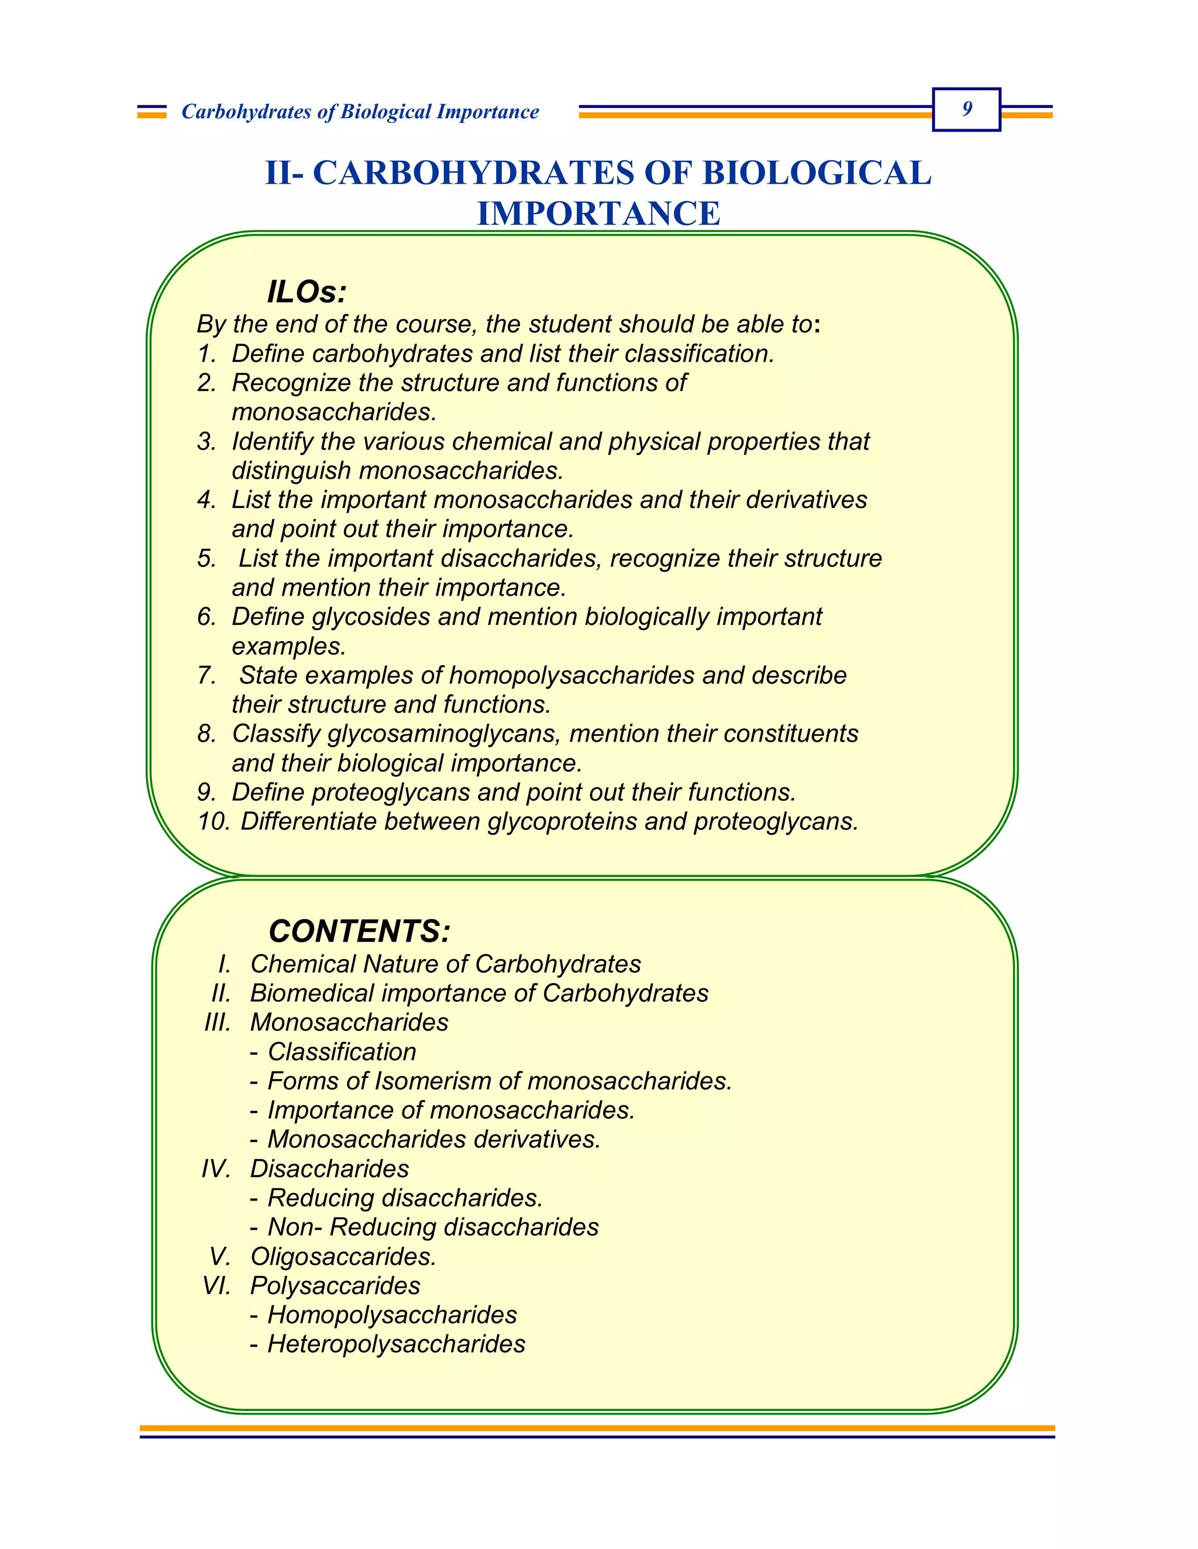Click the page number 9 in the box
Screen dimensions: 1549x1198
pos(966,109)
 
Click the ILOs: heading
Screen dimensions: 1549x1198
pos(307,292)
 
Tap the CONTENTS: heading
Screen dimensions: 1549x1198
pos(359,931)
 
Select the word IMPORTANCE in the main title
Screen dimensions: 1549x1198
pos(598,213)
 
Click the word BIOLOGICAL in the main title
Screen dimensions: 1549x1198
pos(816,173)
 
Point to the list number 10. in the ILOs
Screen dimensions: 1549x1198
pos(214,821)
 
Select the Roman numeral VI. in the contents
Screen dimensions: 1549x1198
pos(216,1285)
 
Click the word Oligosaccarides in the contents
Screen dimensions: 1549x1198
pos(342,1256)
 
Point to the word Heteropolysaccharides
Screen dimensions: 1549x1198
pos(396,1343)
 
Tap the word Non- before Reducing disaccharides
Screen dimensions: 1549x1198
pos(295,1226)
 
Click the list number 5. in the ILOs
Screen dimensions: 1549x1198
pos(206,558)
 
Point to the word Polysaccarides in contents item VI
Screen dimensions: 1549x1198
pos(335,1285)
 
